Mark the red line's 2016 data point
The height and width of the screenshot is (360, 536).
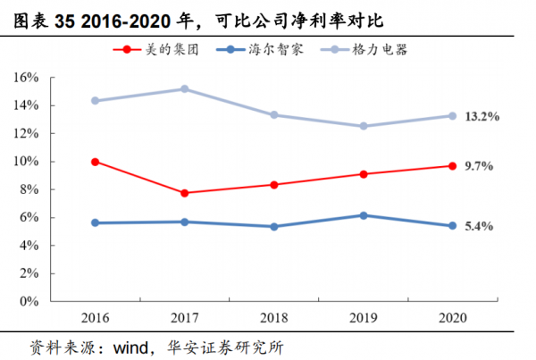[95, 162]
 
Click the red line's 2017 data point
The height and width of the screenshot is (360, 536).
[184, 193]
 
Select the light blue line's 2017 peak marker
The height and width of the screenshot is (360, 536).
[184, 89]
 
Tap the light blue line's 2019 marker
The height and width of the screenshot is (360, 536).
[363, 126]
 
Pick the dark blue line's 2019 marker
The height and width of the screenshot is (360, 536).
[363, 215]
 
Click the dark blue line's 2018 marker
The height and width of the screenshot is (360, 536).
[273, 226]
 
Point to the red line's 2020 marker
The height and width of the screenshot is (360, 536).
[452, 166]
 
